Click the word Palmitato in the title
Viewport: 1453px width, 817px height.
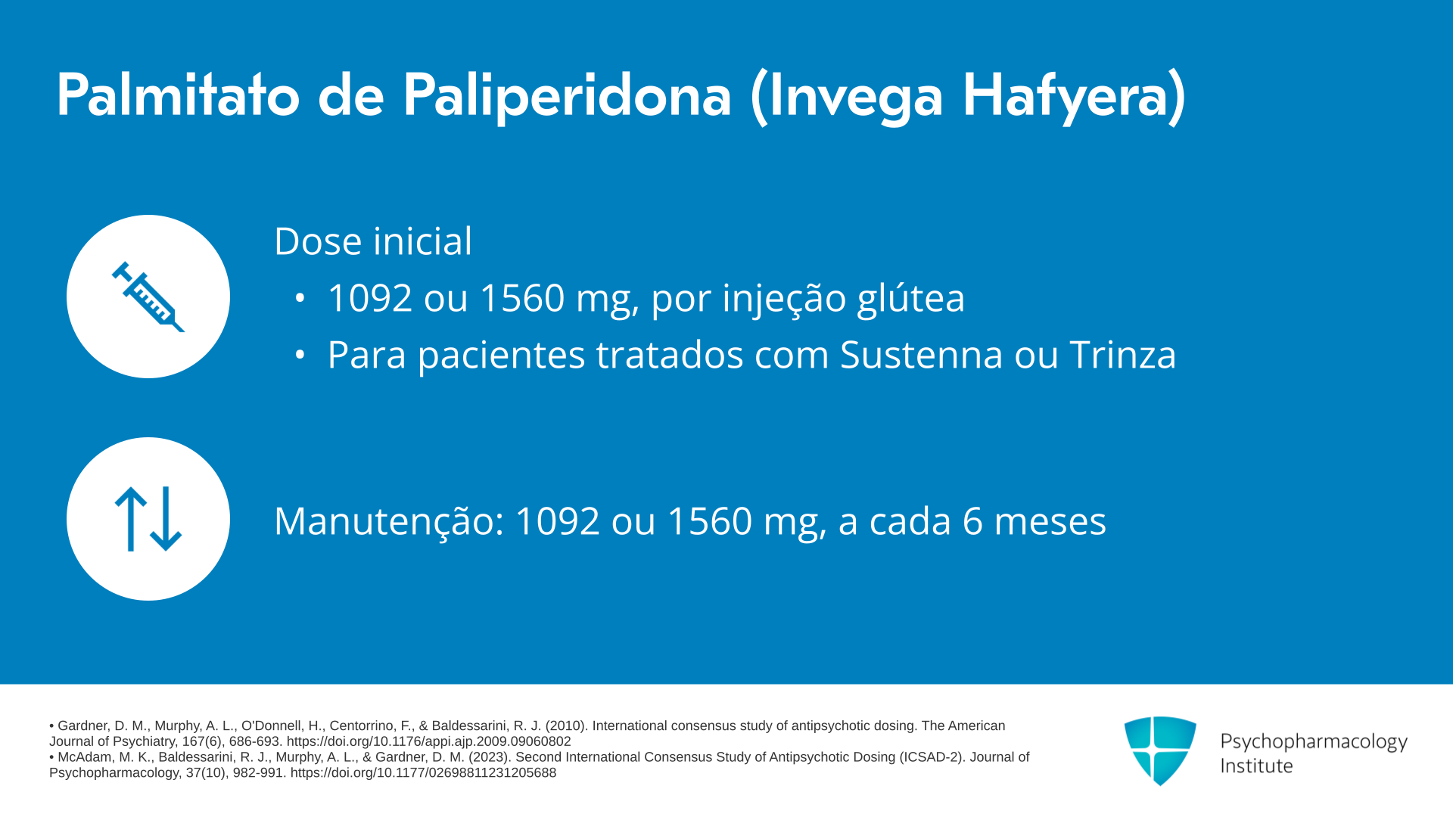(179, 95)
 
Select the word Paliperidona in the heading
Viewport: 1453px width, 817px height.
(567, 97)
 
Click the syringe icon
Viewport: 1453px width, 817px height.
(148, 297)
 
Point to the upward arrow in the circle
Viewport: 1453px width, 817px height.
(131, 519)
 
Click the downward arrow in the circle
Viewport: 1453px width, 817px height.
(166, 519)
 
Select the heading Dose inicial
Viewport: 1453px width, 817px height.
(373, 241)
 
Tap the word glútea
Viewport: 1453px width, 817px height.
(911, 298)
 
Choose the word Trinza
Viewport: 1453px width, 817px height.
(1123, 354)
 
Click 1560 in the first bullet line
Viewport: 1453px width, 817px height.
(522, 298)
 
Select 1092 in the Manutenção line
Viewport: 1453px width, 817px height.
(558, 521)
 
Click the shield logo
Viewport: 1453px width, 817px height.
(1160, 750)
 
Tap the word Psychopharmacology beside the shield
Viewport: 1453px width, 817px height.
(1314, 742)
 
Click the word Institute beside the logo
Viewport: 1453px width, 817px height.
(1256, 766)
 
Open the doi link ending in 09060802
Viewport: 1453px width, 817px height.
(428, 741)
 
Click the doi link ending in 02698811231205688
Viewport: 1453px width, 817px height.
(423, 773)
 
